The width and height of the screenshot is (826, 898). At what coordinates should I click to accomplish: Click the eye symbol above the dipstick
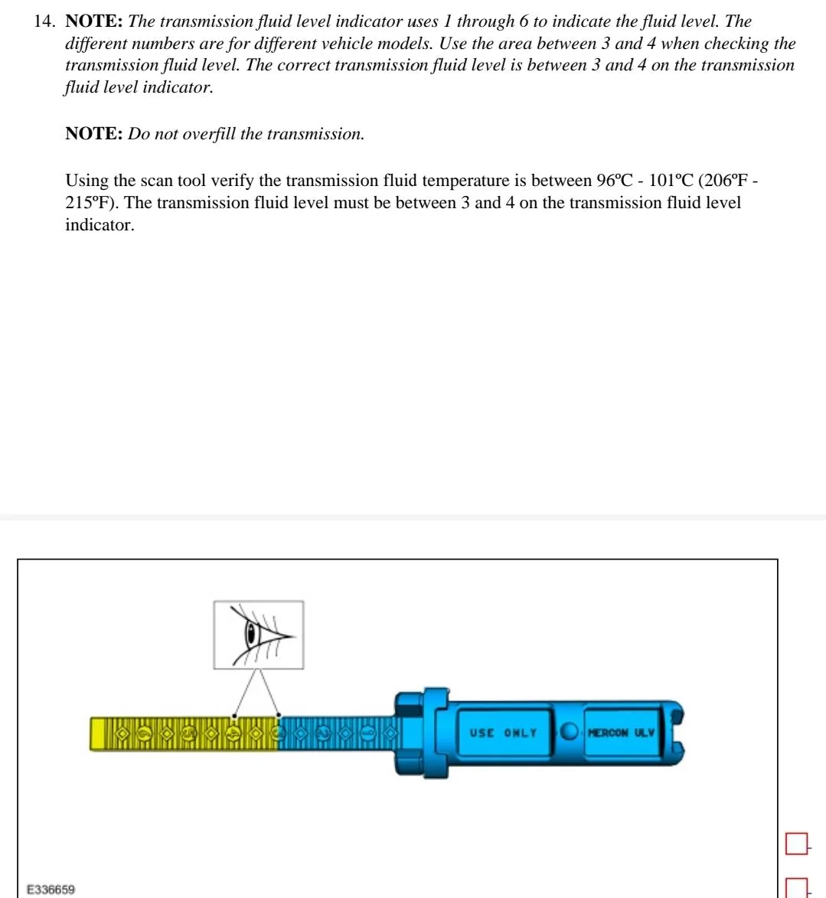coord(258,635)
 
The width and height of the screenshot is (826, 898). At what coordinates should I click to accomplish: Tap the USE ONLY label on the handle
coord(503,733)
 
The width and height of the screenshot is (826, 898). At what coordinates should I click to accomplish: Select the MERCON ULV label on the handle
coord(622,733)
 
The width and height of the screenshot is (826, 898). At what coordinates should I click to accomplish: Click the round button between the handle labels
coord(569,732)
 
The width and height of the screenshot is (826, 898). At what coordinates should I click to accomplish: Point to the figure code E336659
coord(51,890)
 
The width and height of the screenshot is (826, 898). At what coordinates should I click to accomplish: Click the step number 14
coord(45,21)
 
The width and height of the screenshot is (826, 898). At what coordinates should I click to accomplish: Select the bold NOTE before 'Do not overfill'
coord(93,134)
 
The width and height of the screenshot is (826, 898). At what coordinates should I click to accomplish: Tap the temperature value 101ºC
coord(670,181)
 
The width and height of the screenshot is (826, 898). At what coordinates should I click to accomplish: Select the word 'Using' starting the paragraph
coord(87,181)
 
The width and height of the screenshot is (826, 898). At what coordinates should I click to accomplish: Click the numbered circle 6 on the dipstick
coord(144,733)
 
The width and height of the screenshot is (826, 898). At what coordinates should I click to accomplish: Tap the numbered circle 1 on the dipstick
coord(367,733)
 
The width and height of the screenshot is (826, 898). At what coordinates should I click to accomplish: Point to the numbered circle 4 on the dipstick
coord(233,733)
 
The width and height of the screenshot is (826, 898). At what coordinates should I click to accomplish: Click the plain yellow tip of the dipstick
coord(101,733)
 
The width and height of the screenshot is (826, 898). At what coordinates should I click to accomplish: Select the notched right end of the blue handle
coord(677,733)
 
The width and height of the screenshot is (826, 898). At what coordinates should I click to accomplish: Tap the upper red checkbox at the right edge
coord(796,844)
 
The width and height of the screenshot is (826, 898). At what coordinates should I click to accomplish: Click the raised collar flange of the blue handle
coord(433,733)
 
